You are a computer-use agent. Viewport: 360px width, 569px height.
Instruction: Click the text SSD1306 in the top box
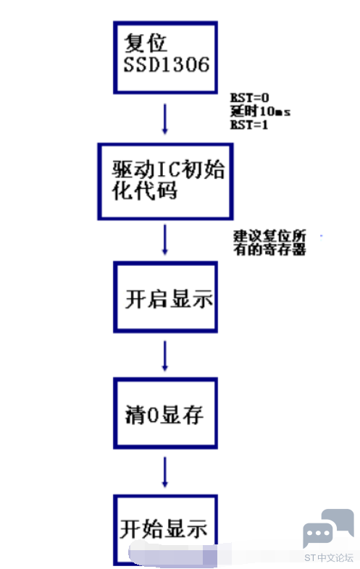point(167,64)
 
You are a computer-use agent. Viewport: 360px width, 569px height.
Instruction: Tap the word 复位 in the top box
point(146,43)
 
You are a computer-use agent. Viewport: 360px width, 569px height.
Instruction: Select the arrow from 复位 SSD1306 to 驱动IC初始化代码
point(165,119)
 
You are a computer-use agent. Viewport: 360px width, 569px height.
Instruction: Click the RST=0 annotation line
point(250,98)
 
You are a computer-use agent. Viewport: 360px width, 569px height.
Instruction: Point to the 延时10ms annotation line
point(260,111)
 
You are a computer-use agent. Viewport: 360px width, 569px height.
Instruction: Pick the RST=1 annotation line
point(249,125)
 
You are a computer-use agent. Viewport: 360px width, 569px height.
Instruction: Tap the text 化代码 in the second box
point(145,191)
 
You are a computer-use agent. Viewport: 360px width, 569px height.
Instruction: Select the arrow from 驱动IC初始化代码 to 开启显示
point(165,240)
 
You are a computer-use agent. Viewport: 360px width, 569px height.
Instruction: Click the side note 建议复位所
point(270,236)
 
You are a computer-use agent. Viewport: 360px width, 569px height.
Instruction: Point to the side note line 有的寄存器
point(270,249)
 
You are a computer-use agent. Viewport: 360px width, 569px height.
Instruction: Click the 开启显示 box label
point(169,300)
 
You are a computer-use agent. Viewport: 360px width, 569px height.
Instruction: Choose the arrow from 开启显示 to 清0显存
point(165,355)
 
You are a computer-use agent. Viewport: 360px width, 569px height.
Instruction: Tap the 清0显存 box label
point(164,415)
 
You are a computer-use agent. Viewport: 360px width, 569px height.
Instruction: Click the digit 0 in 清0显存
point(154,415)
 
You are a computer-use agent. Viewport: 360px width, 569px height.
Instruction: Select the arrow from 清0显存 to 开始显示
point(165,472)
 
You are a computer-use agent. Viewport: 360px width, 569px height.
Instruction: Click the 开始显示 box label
point(164,529)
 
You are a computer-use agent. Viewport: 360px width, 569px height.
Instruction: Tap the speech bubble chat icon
point(328,528)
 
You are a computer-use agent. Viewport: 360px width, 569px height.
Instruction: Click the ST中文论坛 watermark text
point(329,557)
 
